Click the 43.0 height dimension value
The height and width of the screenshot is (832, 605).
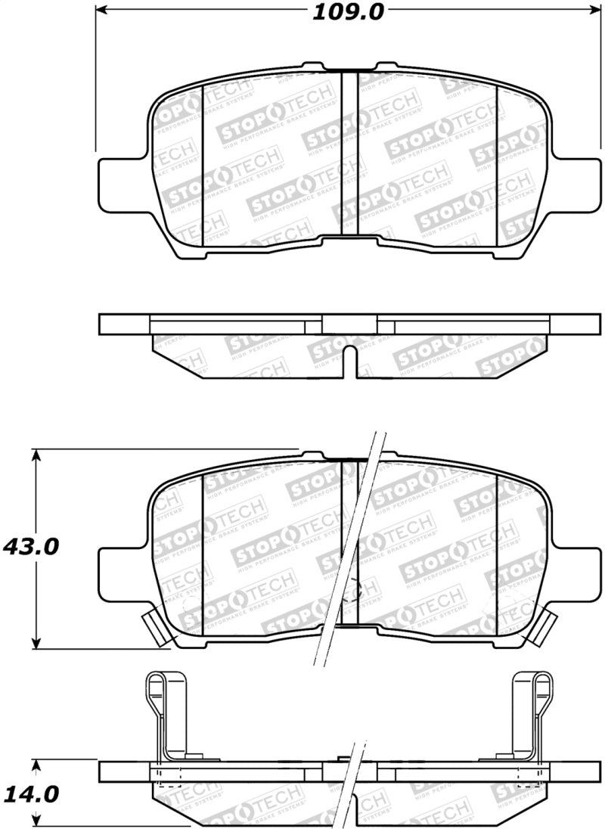(31, 546)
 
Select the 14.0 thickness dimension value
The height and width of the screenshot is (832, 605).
(31, 795)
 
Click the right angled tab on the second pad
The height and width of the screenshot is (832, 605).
(543, 626)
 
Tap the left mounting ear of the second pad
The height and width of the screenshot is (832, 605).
(121, 560)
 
